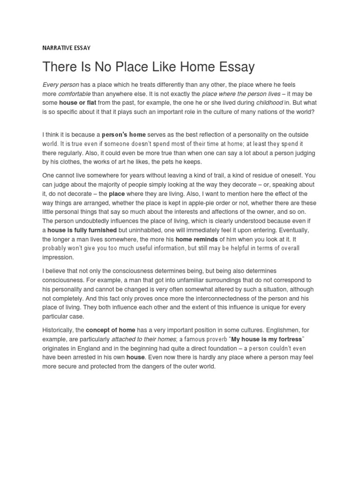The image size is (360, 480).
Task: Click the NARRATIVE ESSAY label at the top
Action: [x=66, y=47]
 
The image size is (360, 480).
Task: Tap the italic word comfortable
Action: [x=74, y=93]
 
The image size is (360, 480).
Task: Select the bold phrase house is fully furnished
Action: [x=84, y=230]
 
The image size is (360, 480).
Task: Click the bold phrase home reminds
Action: [x=196, y=239]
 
